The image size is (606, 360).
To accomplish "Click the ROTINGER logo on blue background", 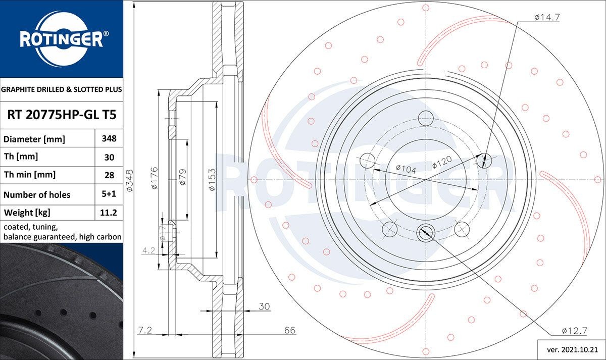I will click(61, 38).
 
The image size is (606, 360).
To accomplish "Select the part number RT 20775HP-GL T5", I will click(62, 115).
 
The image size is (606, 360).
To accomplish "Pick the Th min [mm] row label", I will click(30, 175).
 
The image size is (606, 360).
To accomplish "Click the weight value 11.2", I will click(109, 213).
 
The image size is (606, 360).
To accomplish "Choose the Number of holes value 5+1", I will click(109, 194).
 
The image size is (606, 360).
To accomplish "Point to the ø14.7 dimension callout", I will click(547, 17).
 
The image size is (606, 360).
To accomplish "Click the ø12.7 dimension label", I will click(574, 331).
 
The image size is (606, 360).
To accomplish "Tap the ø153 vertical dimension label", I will click(213, 179).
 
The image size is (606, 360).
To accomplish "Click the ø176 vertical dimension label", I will click(155, 178).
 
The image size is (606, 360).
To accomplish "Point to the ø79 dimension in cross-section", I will click(183, 178).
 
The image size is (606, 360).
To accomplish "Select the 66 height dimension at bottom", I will click(289, 330).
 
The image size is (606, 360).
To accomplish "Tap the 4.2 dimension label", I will click(148, 250).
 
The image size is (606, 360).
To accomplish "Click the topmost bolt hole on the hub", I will click(425, 116).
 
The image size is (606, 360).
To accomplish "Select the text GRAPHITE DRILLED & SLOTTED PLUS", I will click(62, 89).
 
